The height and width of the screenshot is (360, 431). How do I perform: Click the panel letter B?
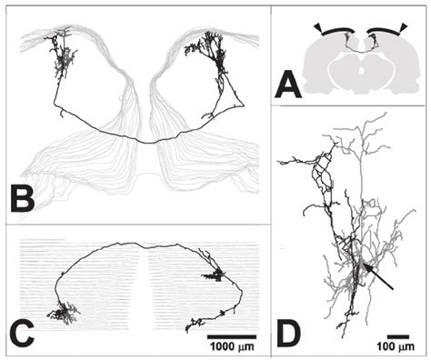pos(23,198)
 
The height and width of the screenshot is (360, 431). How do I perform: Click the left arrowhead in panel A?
pos(317,28)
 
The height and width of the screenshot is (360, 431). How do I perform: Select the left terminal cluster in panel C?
pos(64,314)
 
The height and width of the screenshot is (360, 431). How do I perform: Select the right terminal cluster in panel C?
pos(213,274)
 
